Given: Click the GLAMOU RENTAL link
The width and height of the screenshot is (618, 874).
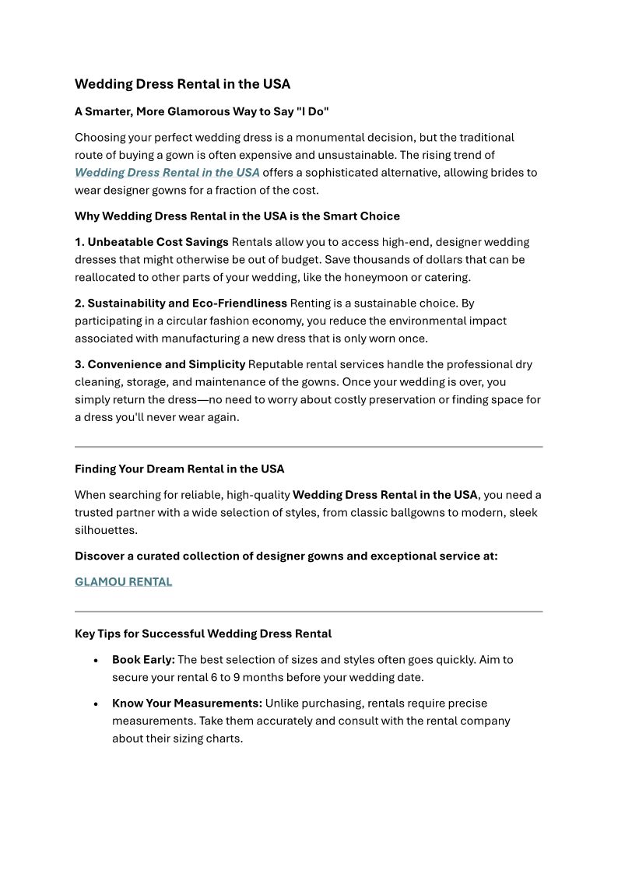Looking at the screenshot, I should [x=123, y=582].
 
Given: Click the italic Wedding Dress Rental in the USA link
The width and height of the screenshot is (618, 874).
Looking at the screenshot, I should [x=167, y=173].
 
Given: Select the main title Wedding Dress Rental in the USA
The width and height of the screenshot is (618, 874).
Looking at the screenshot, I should [x=182, y=84].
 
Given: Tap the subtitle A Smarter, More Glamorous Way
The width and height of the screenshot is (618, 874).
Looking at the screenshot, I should [x=202, y=111].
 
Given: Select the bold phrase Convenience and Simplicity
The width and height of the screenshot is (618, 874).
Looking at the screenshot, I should [x=167, y=364].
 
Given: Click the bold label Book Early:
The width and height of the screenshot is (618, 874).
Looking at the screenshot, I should [x=143, y=660].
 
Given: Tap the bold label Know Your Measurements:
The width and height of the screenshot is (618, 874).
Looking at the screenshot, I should [x=187, y=704].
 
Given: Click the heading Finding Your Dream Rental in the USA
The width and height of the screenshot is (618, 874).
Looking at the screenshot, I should [x=179, y=469].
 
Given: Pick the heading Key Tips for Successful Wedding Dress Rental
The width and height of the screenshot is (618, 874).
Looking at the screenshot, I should [x=203, y=634].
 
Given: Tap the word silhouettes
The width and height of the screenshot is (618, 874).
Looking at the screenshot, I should [x=106, y=530].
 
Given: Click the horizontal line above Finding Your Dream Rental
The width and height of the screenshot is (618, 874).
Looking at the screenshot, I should [x=308, y=447].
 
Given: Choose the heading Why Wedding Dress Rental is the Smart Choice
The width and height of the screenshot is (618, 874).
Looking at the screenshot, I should [x=237, y=216].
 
